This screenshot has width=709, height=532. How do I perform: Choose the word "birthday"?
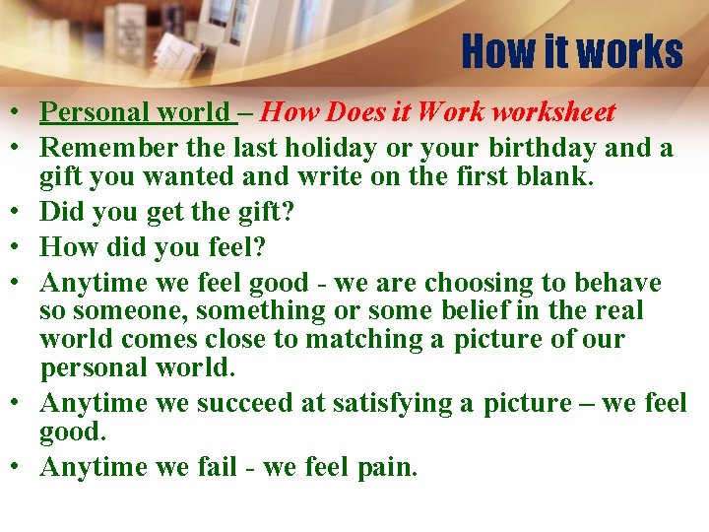pos(546,148)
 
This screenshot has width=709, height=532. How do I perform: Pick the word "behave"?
pos(617,284)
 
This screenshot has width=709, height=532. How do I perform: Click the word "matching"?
pos(371,340)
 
